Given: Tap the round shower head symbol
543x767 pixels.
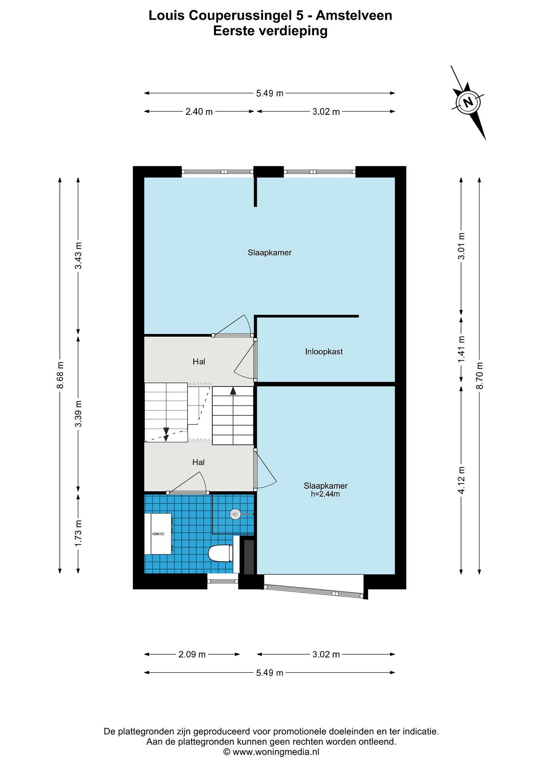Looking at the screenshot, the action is pyautogui.click(x=235, y=514).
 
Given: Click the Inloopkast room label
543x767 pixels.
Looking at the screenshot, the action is pyautogui.click(x=324, y=352).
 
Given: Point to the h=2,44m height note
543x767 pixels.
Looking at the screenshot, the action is pyautogui.click(x=325, y=494).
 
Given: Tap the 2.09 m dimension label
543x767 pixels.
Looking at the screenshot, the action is pyautogui.click(x=192, y=654).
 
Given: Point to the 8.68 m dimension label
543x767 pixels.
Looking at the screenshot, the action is pyautogui.click(x=60, y=375).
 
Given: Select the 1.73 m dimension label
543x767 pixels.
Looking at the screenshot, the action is pyautogui.click(x=78, y=533).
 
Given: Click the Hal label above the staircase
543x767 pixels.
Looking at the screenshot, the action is pyautogui.click(x=199, y=361).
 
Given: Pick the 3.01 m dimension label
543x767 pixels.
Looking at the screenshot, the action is pyautogui.click(x=461, y=246).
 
